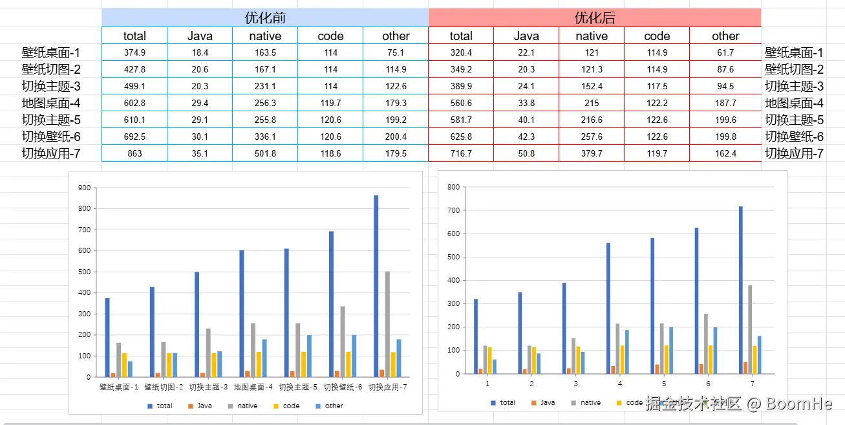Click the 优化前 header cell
pos(265,17)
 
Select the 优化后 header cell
pos(595,17)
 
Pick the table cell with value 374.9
pos(134,53)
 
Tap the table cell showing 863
pos(134,153)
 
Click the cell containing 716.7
pos(461,153)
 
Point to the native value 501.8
pos(265,153)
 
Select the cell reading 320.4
pos(461,53)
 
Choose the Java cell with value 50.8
pos(526,153)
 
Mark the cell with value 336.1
pos(265,136)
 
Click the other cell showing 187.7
pos(725,103)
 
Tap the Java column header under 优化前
pos(200,36)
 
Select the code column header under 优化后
pos(657,36)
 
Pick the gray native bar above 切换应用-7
pos(388,323)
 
